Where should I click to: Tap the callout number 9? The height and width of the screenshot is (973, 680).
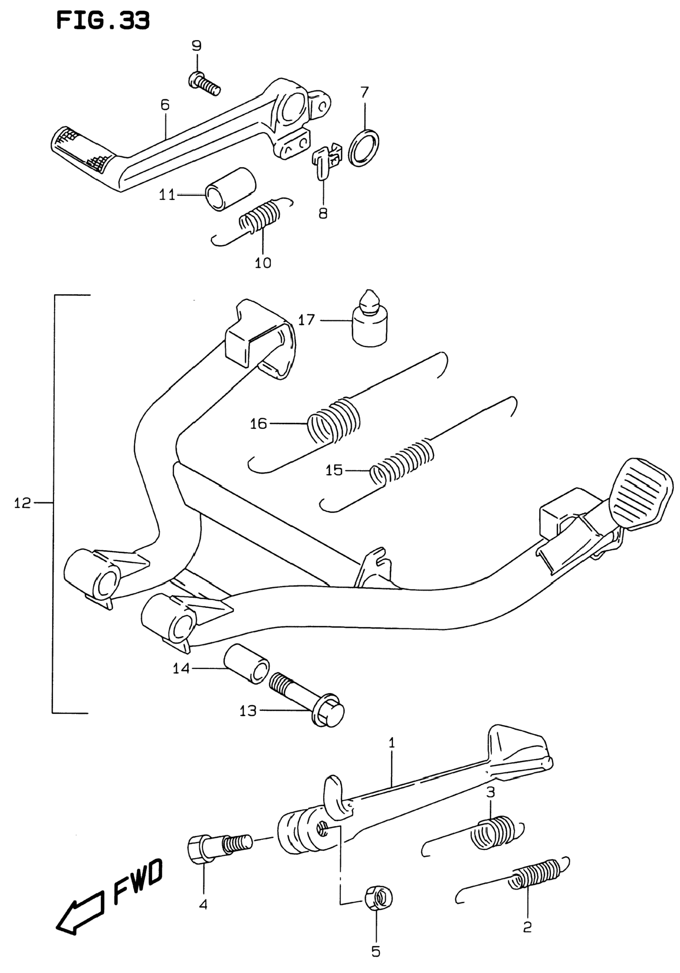tap(197, 45)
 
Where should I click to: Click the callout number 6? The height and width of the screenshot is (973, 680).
tap(165, 105)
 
